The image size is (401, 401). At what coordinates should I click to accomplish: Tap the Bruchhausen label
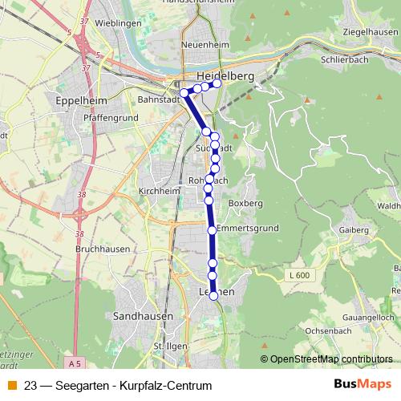[x=80, y=249]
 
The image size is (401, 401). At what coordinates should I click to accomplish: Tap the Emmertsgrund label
[x=248, y=229]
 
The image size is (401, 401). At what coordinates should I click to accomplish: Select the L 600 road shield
[x=298, y=275]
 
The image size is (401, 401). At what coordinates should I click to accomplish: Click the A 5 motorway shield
[x=75, y=364]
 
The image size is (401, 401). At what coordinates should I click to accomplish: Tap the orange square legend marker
[x=12, y=386]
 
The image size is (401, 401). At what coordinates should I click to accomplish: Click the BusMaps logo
[x=363, y=385]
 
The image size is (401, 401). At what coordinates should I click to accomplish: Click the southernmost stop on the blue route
[x=214, y=296]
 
